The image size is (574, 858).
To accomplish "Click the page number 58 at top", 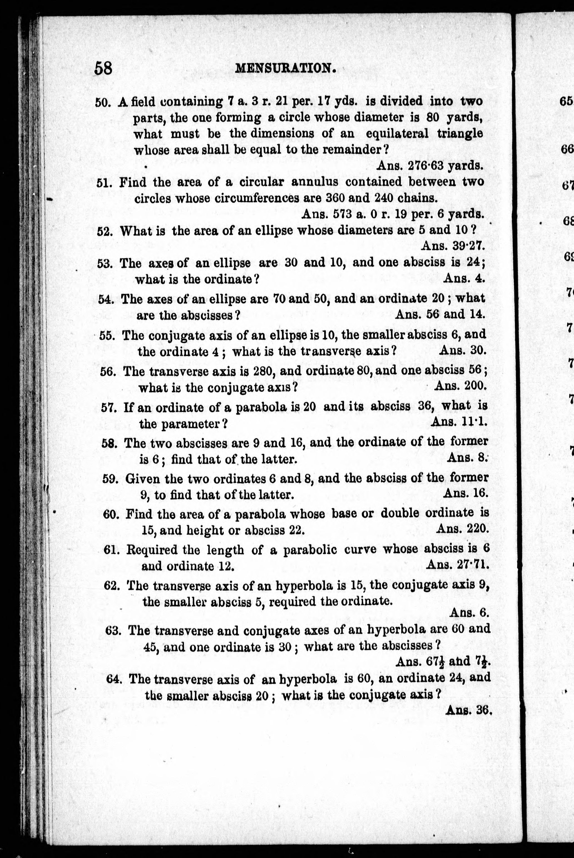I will coord(103,68).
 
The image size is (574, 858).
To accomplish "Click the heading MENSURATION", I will coord(286,68).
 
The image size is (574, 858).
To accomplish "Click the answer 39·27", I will coord(463,245).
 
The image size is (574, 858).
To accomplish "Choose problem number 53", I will coord(104,264).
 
